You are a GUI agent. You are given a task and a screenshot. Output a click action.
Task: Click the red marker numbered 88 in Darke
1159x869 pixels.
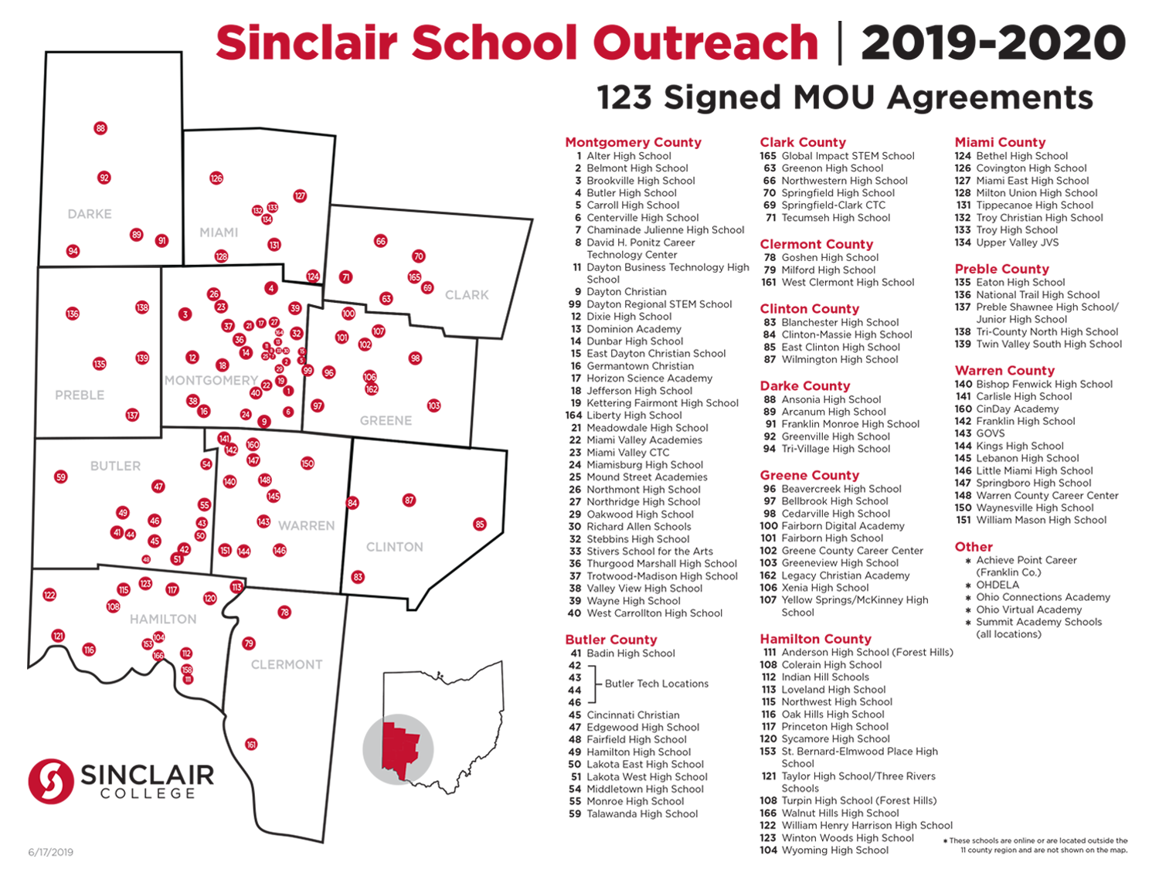point(100,128)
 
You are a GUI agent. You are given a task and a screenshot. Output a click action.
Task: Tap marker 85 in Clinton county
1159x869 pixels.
point(480,524)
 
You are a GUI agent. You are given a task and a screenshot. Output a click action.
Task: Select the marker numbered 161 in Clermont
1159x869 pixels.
point(251,745)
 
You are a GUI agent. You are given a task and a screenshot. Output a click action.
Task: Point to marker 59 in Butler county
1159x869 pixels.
point(61,477)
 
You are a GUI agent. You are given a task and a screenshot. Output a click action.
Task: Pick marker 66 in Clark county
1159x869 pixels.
point(380,241)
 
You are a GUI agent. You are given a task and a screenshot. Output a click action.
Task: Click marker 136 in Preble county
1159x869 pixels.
point(73,314)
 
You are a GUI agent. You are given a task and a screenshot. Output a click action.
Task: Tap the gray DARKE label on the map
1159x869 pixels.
point(90,214)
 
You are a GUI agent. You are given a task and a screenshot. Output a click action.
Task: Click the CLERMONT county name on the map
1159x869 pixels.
point(287,664)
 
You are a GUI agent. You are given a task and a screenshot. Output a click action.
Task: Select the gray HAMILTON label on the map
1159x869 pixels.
point(163,620)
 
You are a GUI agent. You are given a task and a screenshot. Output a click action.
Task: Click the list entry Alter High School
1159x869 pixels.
point(628,156)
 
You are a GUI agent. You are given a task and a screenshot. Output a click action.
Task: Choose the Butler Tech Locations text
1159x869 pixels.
point(656,684)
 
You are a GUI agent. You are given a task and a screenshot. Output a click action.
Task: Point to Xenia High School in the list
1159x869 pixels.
point(824,588)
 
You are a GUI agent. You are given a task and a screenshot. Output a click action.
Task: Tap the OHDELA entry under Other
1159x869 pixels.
point(998,585)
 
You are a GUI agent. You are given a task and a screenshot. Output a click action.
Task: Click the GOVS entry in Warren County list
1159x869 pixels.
point(990,433)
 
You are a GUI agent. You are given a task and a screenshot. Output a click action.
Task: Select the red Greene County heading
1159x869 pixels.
point(809,475)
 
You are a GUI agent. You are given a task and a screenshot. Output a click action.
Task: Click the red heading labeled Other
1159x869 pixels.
point(974,547)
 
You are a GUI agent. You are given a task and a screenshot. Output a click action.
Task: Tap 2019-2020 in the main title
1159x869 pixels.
point(993,42)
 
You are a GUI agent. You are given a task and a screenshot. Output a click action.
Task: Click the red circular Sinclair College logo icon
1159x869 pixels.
point(51,781)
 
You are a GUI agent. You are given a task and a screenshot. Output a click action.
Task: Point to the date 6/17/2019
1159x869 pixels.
point(51,852)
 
